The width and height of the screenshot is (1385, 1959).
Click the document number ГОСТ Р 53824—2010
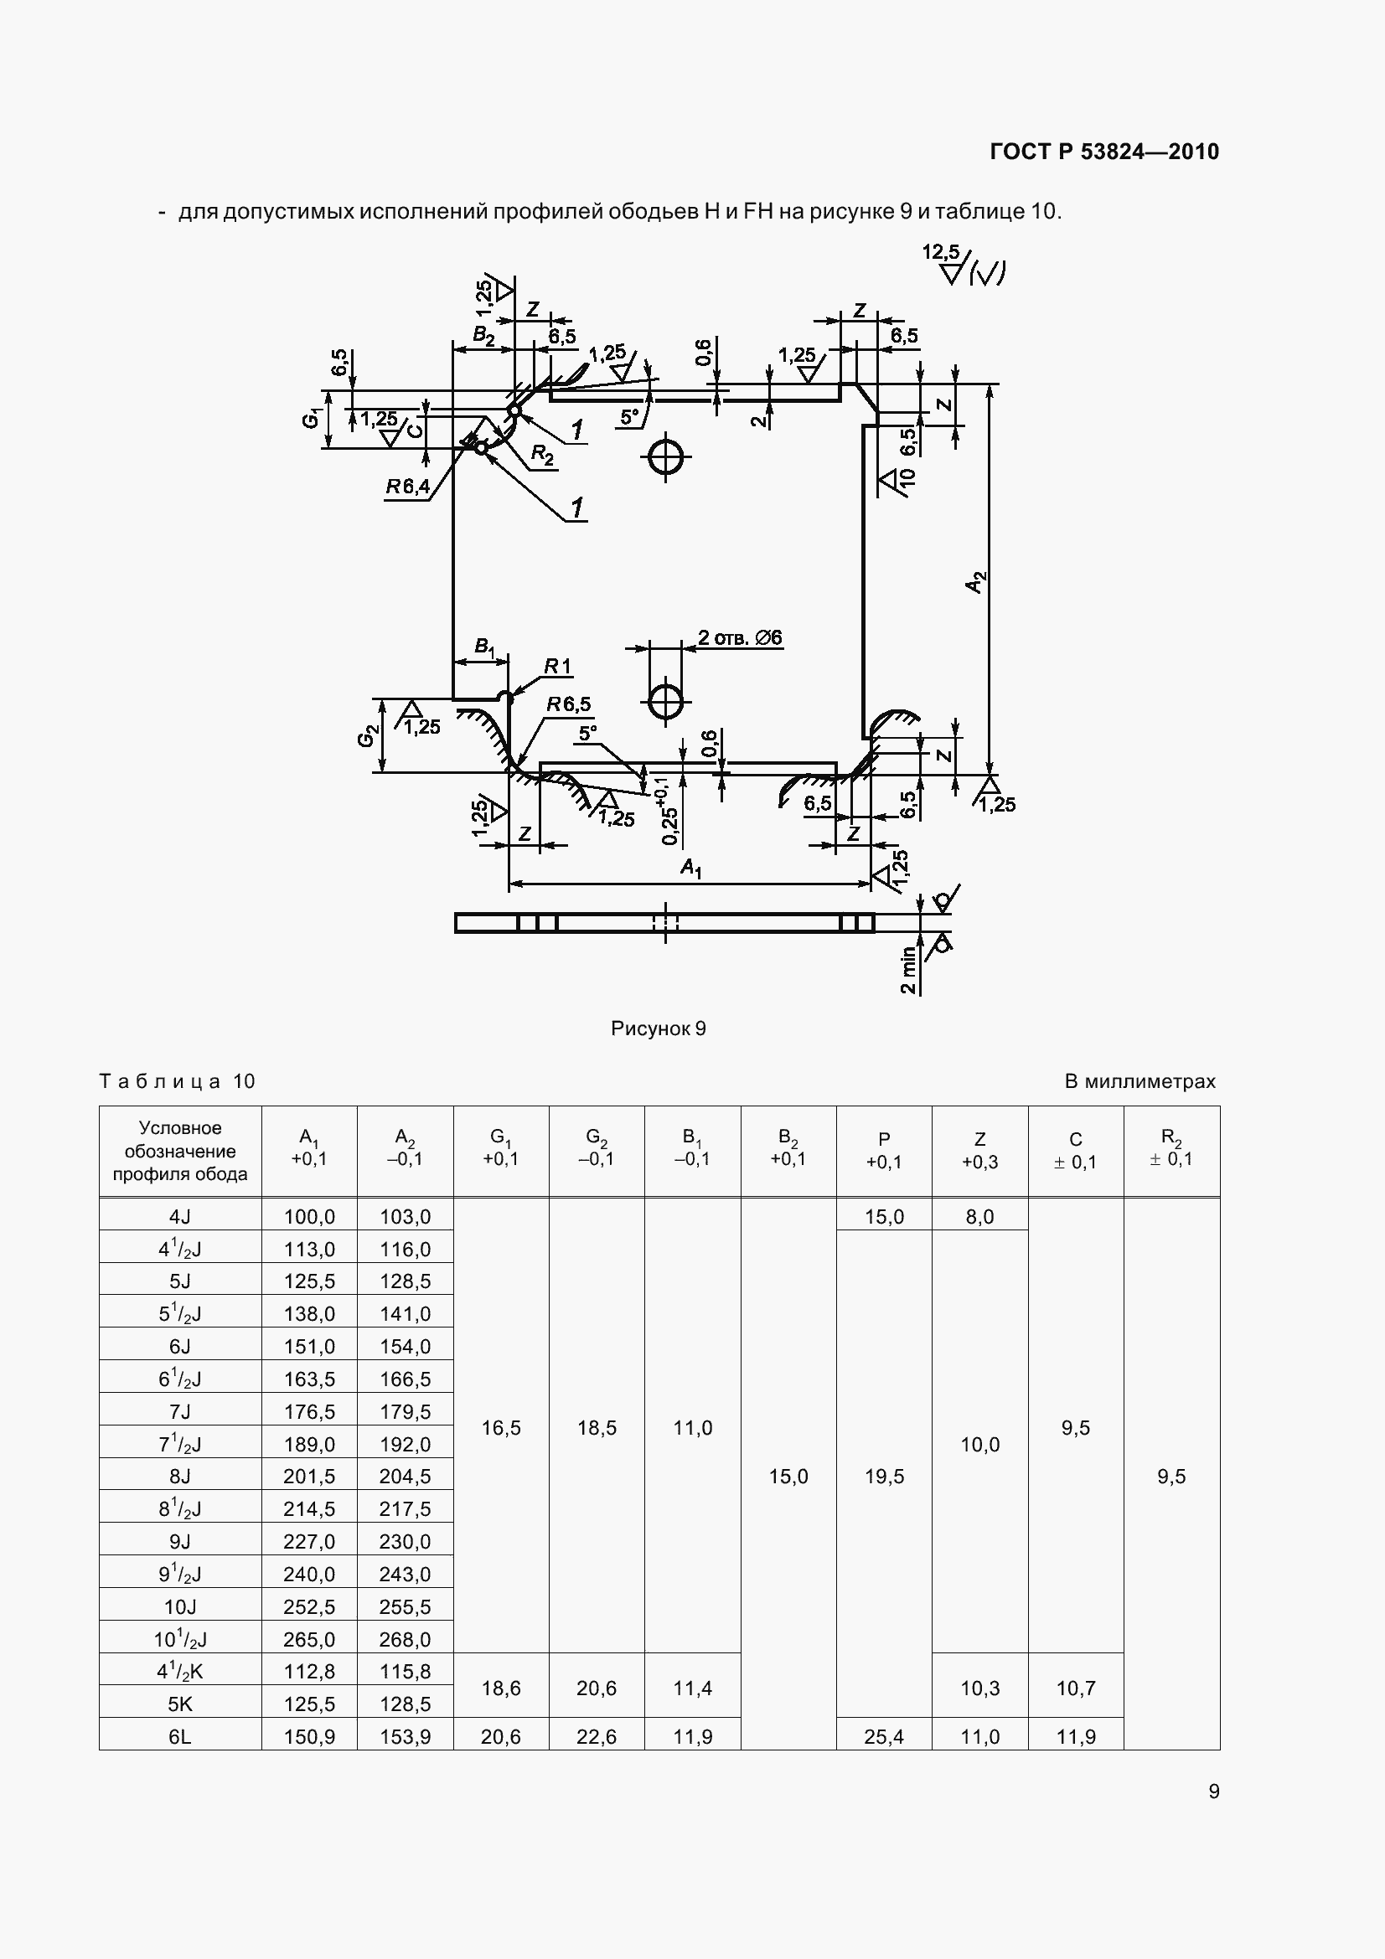click(x=1104, y=152)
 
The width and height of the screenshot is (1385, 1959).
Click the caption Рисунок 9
click(x=658, y=1028)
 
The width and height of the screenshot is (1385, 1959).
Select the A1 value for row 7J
click(x=309, y=1411)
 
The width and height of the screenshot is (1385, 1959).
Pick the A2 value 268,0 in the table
click(x=405, y=1639)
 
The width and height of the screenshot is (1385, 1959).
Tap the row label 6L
click(x=180, y=1736)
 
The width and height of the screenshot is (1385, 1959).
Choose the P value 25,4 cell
click(x=884, y=1736)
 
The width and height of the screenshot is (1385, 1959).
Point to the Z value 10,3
click(x=979, y=1688)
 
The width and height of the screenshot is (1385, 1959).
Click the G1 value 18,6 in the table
click(x=501, y=1688)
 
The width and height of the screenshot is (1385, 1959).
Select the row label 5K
click(x=180, y=1704)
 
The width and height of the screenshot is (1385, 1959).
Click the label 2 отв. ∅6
click(x=740, y=637)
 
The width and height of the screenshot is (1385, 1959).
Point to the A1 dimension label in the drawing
click(x=690, y=869)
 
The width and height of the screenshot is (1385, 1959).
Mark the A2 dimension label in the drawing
click(x=976, y=582)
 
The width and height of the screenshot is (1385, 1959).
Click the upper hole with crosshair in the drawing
click(x=664, y=458)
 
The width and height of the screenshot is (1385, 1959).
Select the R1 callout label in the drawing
click(x=558, y=667)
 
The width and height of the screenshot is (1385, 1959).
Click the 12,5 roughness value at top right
click(x=939, y=252)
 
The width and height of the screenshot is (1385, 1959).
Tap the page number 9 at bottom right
click(x=1213, y=1790)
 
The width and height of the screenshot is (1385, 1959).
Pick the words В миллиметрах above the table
click(x=1140, y=1082)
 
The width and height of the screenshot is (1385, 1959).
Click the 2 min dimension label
click(x=908, y=970)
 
